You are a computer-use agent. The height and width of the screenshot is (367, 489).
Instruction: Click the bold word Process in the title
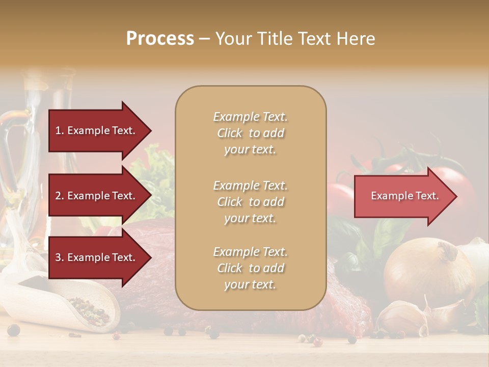tap(160, 39)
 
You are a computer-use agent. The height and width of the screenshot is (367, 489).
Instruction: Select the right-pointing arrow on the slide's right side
tap(402, 196)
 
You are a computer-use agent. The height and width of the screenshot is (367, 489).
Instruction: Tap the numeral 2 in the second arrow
tap(58, 196)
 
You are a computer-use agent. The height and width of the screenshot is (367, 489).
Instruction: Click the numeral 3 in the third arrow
tap(58, 258)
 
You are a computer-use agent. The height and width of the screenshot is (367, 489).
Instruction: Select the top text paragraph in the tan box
tap(250, 133)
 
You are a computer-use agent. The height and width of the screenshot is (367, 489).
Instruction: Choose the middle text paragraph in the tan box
tap(250, 202)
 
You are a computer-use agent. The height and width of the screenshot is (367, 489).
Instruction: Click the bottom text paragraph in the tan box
tap(250, 268)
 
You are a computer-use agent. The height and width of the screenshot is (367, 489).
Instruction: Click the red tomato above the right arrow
tap(448, 176)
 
